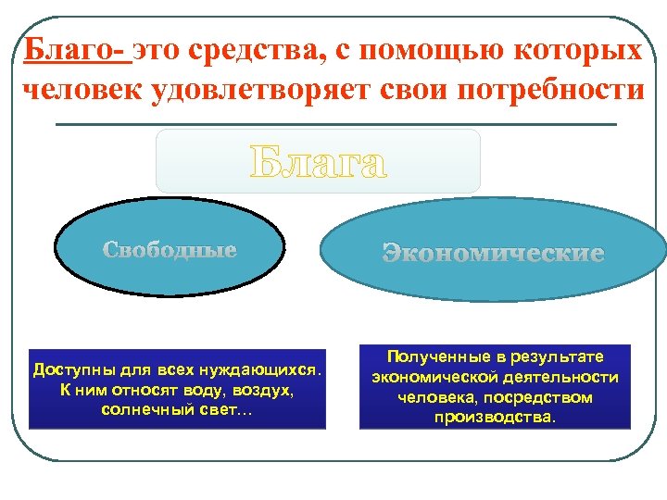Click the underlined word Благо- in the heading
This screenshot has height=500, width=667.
tap(77, 50)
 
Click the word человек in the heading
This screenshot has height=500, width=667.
tap(78, 89)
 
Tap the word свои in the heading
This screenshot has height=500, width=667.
tap(427, 89)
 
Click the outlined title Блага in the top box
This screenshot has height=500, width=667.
tap(318, 163)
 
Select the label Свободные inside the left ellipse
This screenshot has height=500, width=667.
tap(170, 250)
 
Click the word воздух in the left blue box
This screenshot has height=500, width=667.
tap(262, 391)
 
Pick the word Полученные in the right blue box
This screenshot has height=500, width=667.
tap(431, 357)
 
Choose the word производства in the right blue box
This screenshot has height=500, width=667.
tap(494, 417)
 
